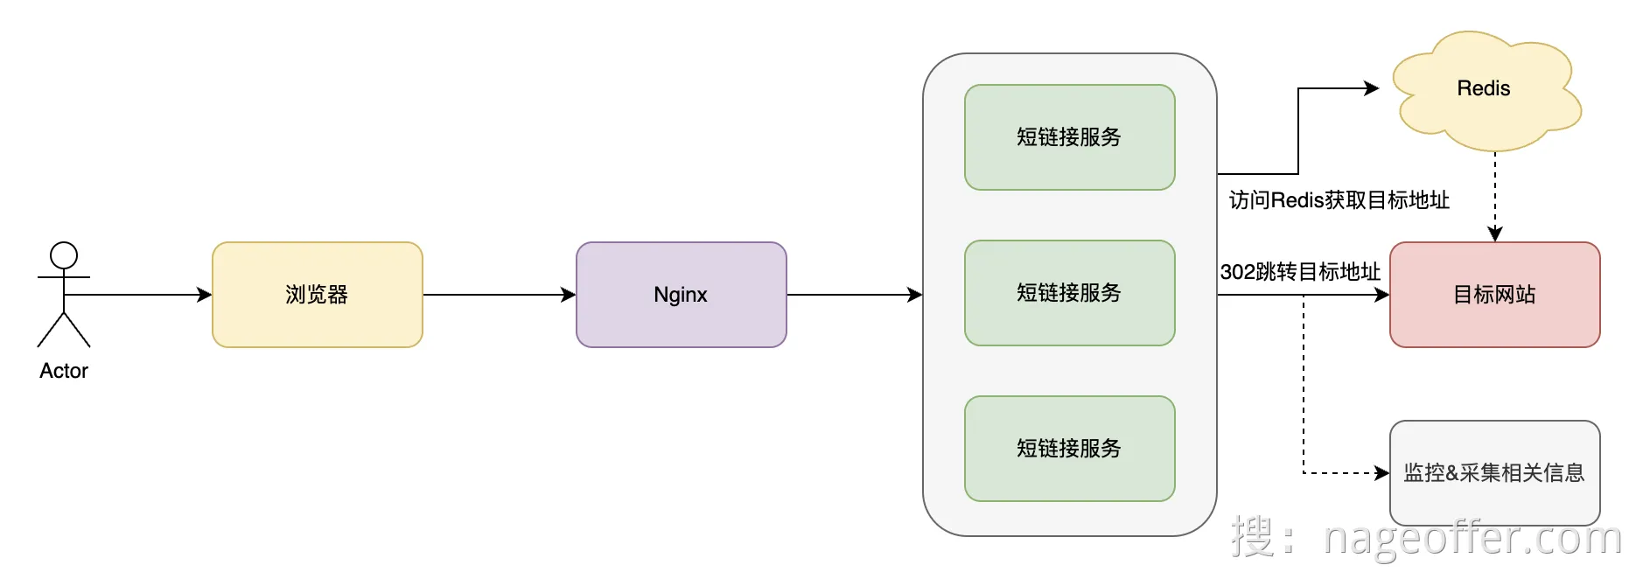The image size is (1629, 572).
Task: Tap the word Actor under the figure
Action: coord(64,371)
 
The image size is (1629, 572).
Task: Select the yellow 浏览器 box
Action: coord(318,295)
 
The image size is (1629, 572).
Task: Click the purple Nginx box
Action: coord(682,295)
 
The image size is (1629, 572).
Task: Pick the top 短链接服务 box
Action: coord(1070,137)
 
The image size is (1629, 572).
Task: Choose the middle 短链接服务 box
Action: coord(1070,293)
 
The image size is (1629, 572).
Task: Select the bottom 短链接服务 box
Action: coord(1070,449)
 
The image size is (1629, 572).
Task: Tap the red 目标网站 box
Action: coord(1495,295)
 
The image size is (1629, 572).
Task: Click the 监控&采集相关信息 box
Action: coord(1495,473)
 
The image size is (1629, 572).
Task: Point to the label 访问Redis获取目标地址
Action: coord(1339,200)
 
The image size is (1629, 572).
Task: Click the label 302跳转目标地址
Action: coord(1300,272)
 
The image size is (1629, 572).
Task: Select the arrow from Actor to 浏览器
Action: coord(138,295)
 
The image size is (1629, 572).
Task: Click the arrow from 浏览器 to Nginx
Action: coord(500,295)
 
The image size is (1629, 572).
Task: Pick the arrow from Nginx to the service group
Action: coord(855,295)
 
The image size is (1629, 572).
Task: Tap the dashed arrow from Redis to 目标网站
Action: coord(1495,197)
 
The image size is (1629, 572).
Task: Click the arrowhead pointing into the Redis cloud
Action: coord(1373,88)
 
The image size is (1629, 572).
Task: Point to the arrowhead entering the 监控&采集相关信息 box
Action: coord(1382,473)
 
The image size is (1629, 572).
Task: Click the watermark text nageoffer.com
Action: coord(1472,537)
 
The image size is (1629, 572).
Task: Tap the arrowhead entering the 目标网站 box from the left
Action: coord(1382,295)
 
